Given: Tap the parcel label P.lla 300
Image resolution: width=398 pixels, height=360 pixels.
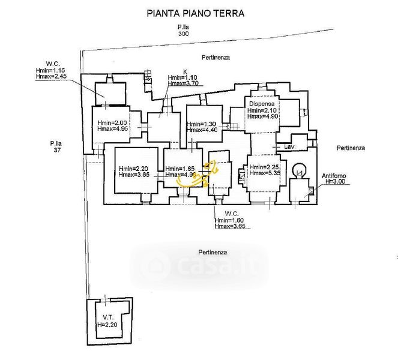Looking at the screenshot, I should tap(183, 31).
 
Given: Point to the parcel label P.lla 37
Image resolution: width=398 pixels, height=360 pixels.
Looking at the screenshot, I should tap(57, 146).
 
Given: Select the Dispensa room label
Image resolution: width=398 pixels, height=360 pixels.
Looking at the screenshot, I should tap(262, 104).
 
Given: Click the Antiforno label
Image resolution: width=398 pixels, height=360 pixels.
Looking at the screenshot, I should tap(337, 175).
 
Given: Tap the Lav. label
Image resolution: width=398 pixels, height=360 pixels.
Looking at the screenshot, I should tap(290, 147).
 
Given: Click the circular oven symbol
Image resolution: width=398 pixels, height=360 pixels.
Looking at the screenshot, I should tap(297, 169).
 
